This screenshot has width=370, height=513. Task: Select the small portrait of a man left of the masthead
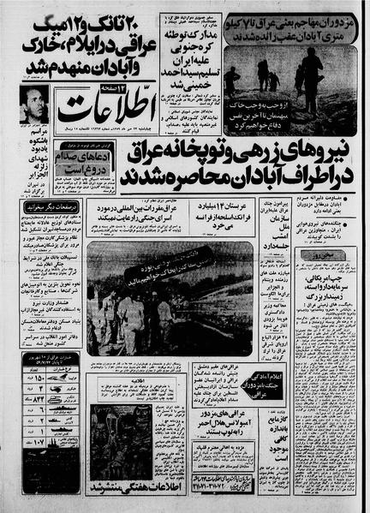click(27, 104)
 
